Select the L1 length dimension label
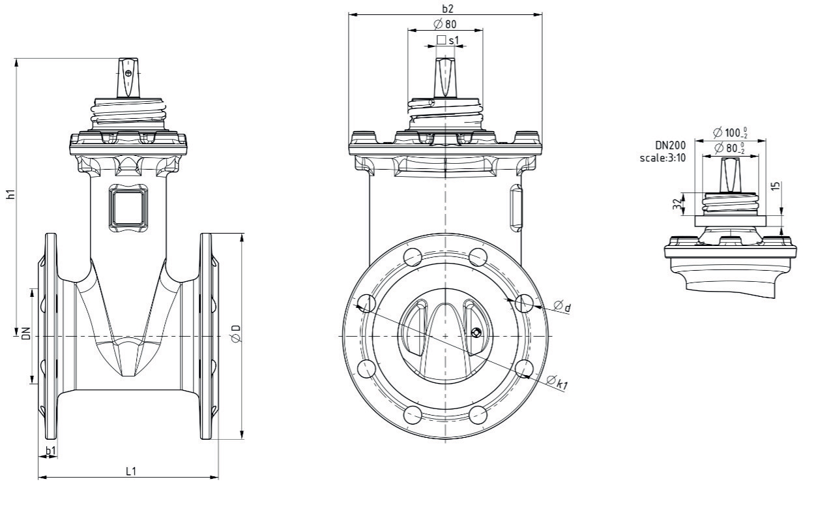[x=131, y=470]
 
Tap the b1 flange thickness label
[x=51, y=451]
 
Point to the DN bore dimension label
[x=25, y=335]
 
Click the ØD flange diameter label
[x=236, y=334]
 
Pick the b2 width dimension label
[x=445, y=8]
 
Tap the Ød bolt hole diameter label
[x=562, y=307]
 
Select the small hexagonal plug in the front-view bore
[x=477, y=333]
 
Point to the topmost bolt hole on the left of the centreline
[x=413, y=256]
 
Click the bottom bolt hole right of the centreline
[x=478, y=414]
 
